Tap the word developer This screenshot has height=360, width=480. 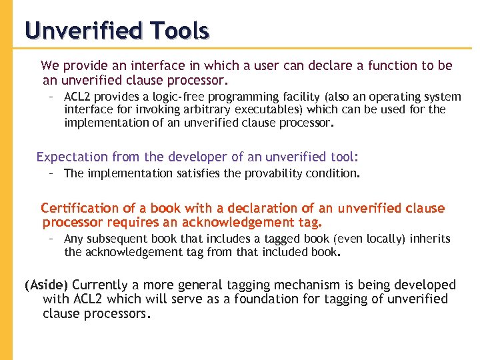click(197, 157)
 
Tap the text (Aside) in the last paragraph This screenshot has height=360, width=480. click(46, 285)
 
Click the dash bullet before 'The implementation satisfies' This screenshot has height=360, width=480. click(51, 173)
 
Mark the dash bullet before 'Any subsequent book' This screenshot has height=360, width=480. click(51, 239)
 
